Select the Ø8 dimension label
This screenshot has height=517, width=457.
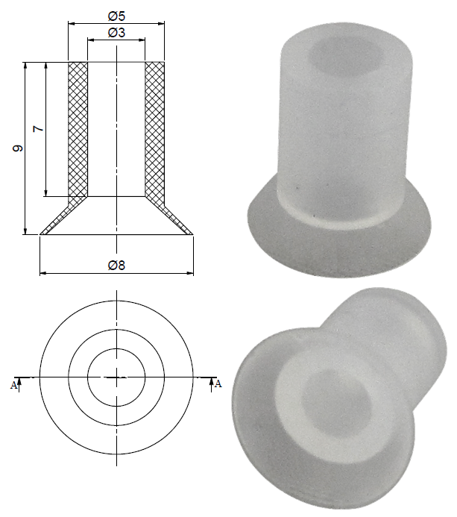click(x=116, y=265)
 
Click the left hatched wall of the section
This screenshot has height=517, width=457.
click(x=78, y=131)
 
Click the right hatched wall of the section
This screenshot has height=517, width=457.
click(x=154, y=131)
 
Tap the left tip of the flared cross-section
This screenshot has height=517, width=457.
click(x=42, y=234)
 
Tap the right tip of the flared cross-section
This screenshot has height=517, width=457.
click(x=191, y=234)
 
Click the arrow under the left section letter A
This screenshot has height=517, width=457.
click(x=19, y=382)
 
